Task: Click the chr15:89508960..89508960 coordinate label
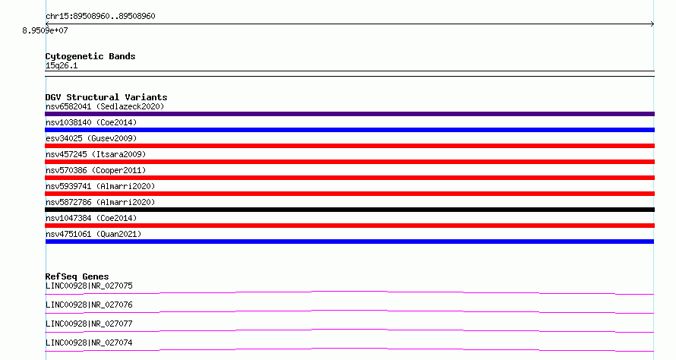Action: tap(100, 17)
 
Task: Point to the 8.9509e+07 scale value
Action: tap(46, 30)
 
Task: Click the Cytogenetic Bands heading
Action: tap(90, 56)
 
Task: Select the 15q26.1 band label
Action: tap(62, 65)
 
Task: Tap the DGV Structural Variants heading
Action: tap(106, 97)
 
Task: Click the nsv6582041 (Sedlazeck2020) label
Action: tap(105, 106)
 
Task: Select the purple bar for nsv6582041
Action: tap(349, 114)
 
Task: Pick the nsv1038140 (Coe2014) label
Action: tap(91, 122)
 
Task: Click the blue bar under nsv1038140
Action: tap(349, 130)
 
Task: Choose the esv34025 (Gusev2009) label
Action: tap(91, 138)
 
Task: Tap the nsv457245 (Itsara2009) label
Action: tap(96, 154)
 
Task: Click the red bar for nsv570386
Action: tap(349, 178)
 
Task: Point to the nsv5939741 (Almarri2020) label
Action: tap(100, 186)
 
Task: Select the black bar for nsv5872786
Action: tap(349, 210)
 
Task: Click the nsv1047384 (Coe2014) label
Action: tap(91, 218)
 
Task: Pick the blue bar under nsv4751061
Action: tap(349, 242)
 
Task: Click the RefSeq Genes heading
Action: tap(77, 276)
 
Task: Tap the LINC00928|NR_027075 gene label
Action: tap(89, 286)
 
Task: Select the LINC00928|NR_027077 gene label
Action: tap(89, 324)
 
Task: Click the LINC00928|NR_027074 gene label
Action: tap(89, 343)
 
